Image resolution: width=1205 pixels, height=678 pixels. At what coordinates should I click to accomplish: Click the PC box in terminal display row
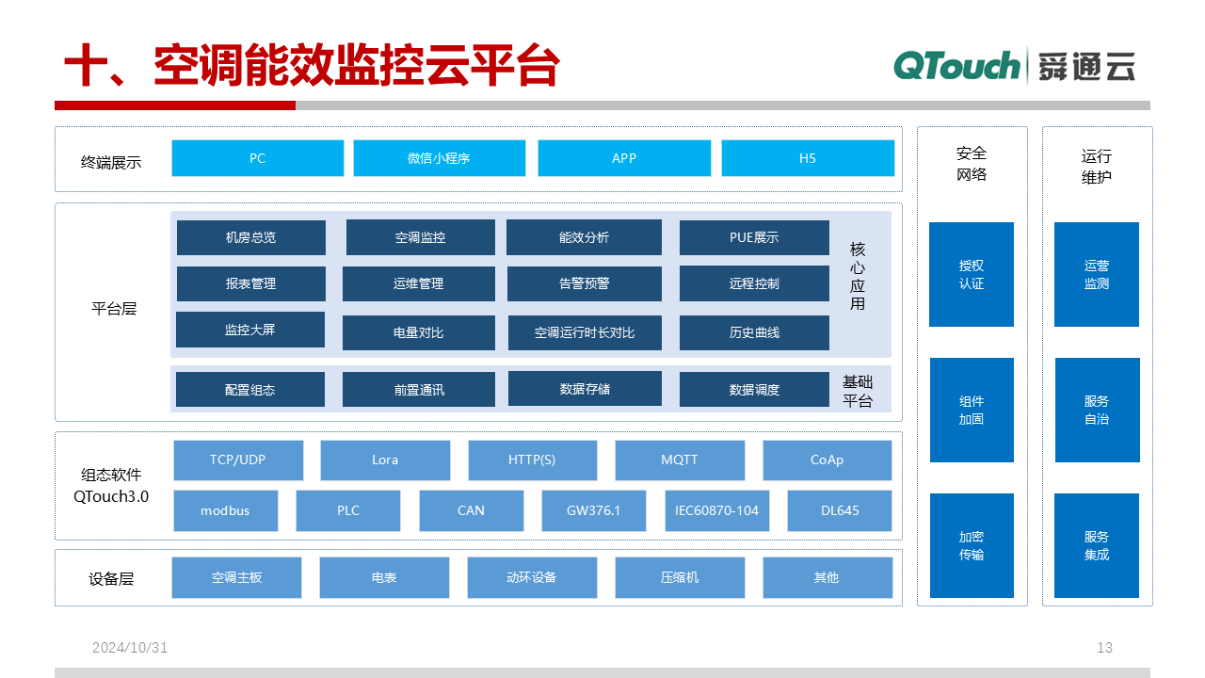pos(258,158)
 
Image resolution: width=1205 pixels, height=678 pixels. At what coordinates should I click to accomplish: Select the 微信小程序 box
pos(439,158)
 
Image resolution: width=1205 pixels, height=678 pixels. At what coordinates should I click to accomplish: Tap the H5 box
pos(808,158)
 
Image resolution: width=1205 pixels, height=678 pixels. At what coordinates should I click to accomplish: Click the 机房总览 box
pos(250,237)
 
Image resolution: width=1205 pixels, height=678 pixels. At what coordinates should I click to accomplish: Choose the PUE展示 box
pos(754,237)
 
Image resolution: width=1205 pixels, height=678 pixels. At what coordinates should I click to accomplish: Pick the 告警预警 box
pos(585,283)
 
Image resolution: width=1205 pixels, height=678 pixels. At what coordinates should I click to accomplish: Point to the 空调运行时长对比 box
pos(585,332)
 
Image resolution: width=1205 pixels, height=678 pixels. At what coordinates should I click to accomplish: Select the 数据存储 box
pos(585,389)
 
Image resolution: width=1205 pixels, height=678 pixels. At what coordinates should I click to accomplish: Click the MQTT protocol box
pos(680,460)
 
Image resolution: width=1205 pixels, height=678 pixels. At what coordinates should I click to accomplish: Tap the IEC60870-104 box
pos(716,510)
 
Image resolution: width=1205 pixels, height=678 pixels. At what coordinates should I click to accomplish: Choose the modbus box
pos(225,510)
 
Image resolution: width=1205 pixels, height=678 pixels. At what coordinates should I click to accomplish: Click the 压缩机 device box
pos(680,577)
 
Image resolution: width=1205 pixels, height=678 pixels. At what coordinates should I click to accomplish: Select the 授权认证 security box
pos(971,274)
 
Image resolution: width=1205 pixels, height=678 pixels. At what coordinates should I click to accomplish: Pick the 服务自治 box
pos(1097,410)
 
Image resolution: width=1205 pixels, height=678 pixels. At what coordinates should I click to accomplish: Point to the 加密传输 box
pos(972,545)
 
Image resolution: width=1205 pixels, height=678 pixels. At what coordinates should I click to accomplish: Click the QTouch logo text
pos(956,66)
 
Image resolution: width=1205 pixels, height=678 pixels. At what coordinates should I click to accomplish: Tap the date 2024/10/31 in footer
pos(130,647)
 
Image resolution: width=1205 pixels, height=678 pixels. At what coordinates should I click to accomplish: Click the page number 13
pos(1104,647)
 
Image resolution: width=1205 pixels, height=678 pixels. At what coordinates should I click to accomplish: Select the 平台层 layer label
pos(114,309)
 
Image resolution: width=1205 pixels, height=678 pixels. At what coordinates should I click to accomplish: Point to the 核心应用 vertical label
pos(857,276)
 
